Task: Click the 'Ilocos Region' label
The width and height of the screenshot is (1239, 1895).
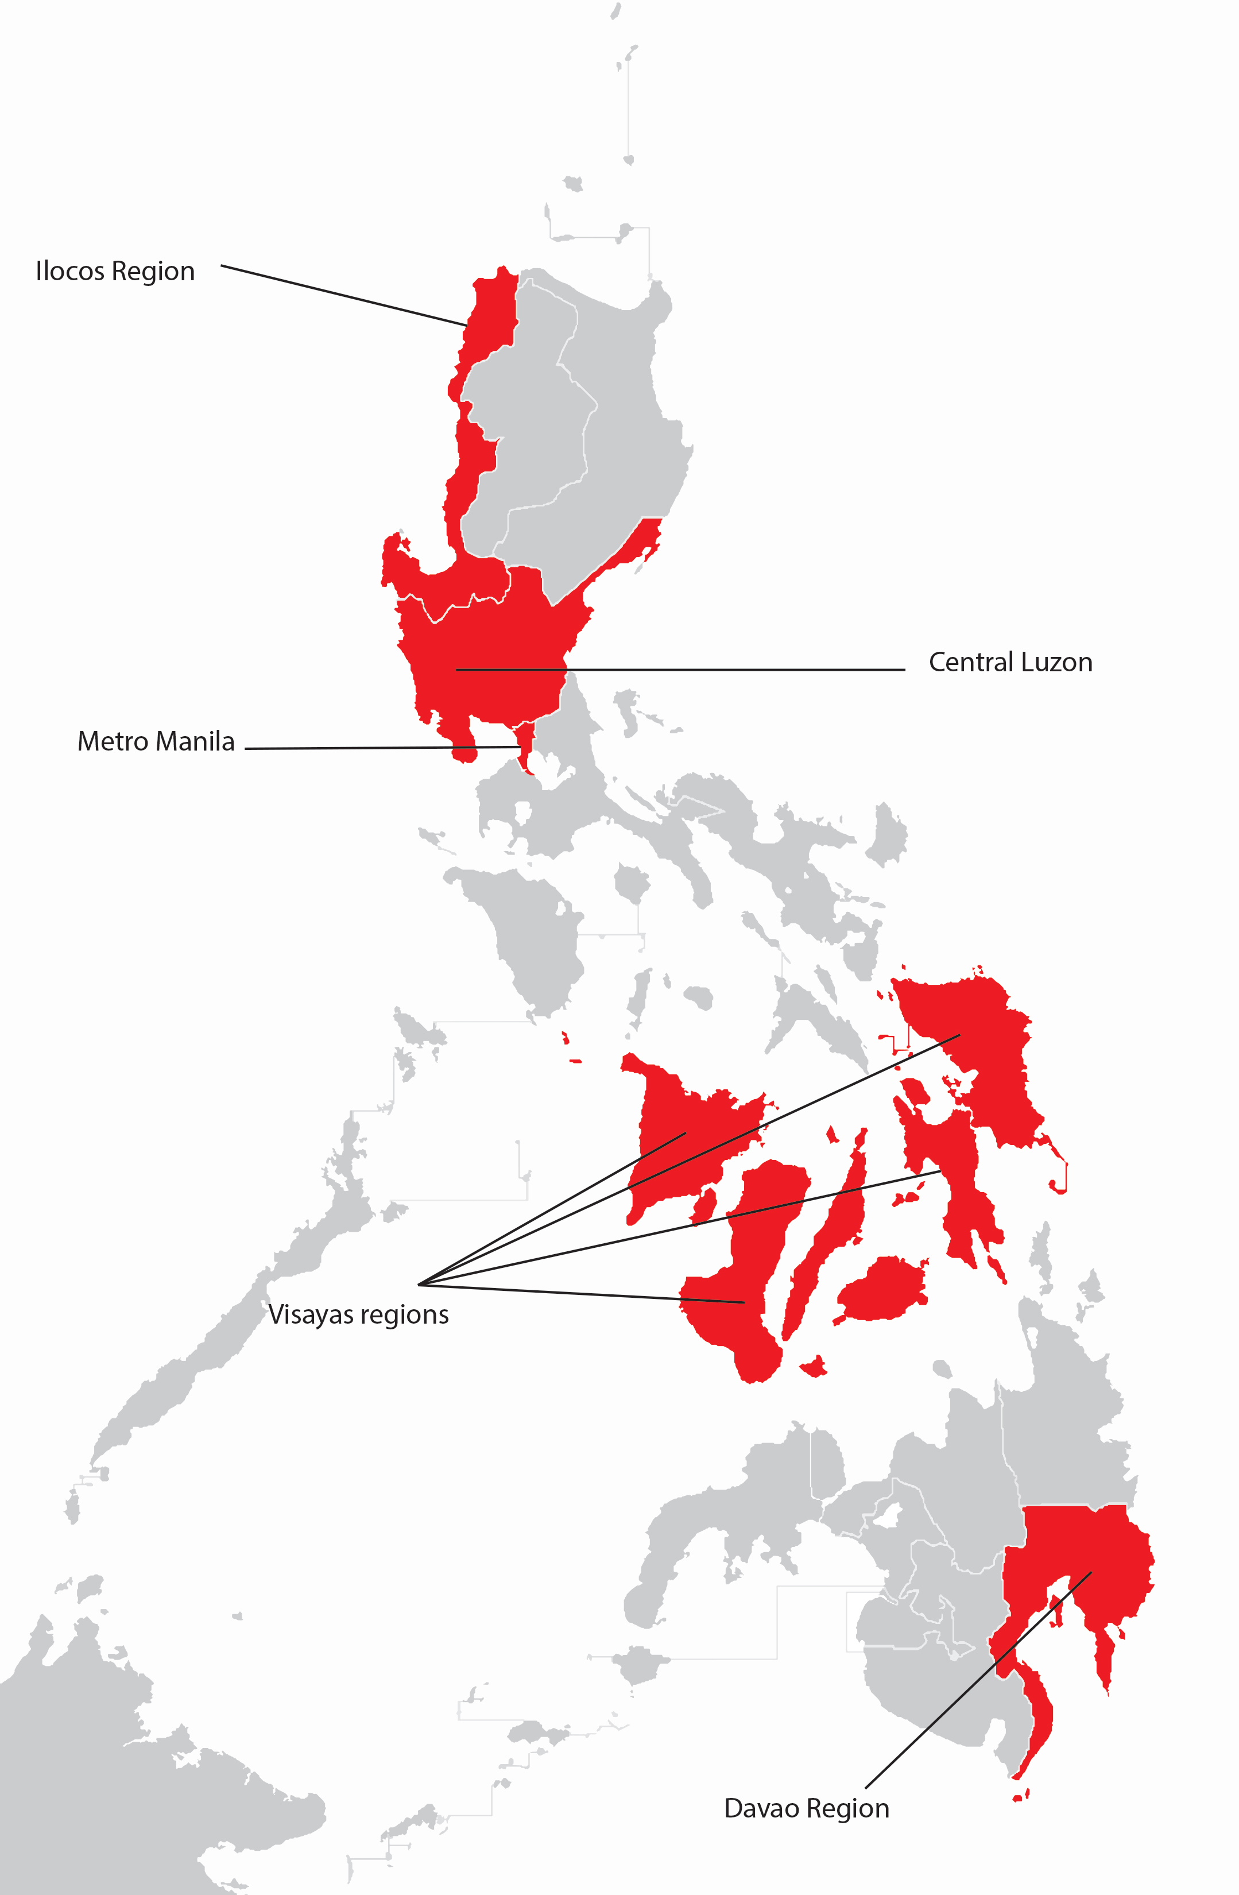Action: point(115,272)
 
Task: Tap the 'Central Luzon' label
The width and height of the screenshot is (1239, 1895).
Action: point(1010,663)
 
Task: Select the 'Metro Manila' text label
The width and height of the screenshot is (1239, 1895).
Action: point(156,741)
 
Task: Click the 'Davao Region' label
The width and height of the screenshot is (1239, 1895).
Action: point(806,1808)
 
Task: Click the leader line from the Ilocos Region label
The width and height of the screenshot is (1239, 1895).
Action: point(342,295)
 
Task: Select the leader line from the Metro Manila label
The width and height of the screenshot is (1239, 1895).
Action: point(382,748)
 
